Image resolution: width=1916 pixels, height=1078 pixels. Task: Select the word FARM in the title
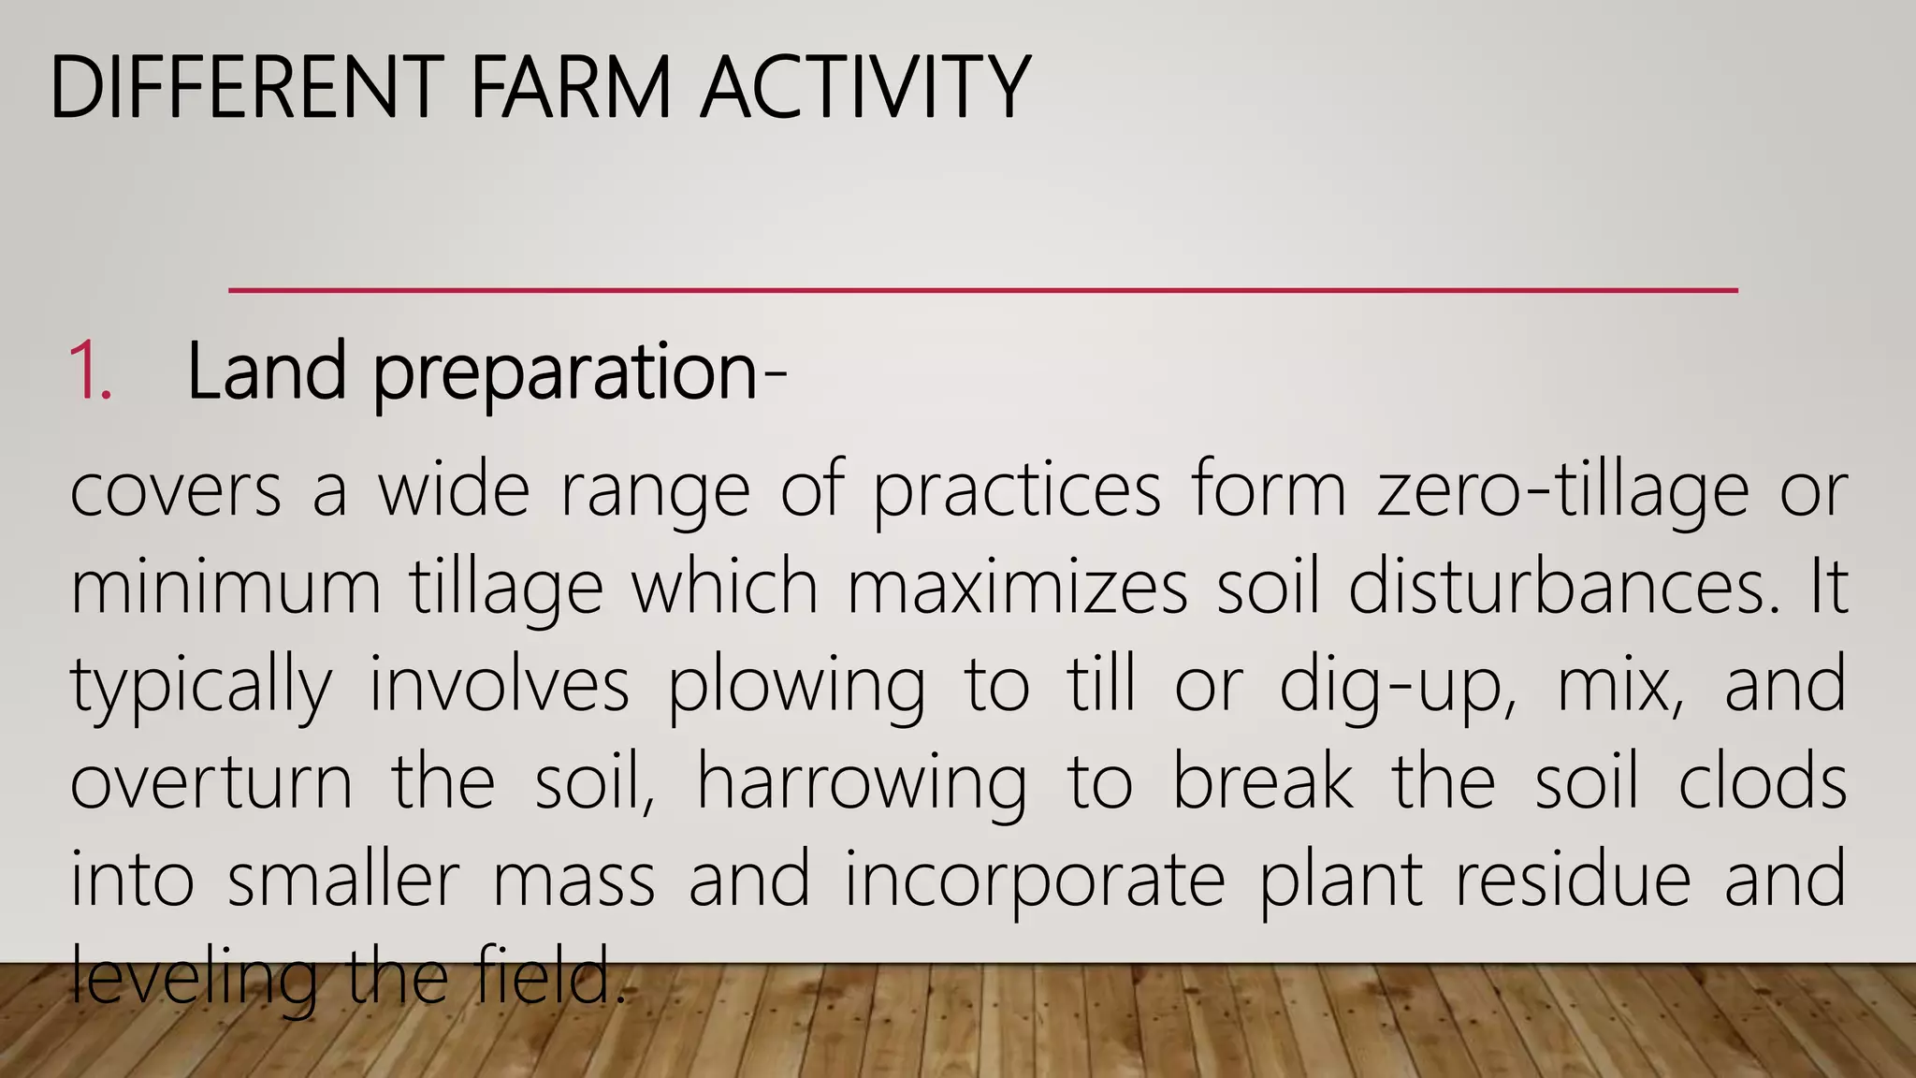pyautogui.click(x=571, y=88)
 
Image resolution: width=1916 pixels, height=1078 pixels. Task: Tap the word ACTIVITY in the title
pyautogui.click(x=865, y=88)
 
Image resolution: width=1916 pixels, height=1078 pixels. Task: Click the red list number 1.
pyautogui.click(x=90, y=372)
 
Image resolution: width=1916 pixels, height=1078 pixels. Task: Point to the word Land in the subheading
pyautogui.click(x=267, y=372)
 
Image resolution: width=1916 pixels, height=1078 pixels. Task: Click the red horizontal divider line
pyautogui.click(x=982, y=291)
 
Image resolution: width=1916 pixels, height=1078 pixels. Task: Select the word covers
pyautogui.click(x=176, y=490)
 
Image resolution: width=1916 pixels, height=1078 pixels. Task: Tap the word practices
pyautogui.click(x=1017, y=492)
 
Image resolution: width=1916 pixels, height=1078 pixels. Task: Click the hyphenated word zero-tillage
pyautogui.click(x=1562, y=492)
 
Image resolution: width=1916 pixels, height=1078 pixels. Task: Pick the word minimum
pyautogui.click(x=225, y=588)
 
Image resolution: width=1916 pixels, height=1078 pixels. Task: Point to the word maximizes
pyautogui.click(x=1017, y=588)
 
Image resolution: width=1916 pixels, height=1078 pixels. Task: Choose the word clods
pyautogui.click(x=1762, y=782)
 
